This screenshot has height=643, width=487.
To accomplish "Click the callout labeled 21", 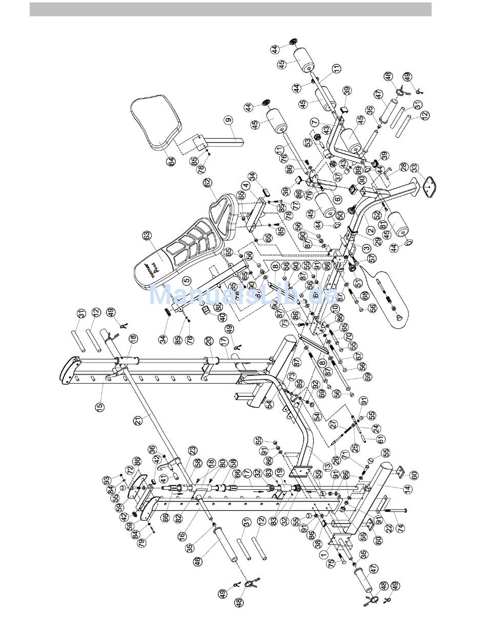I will point(137,421).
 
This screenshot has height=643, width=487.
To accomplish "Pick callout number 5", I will point(187,281).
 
